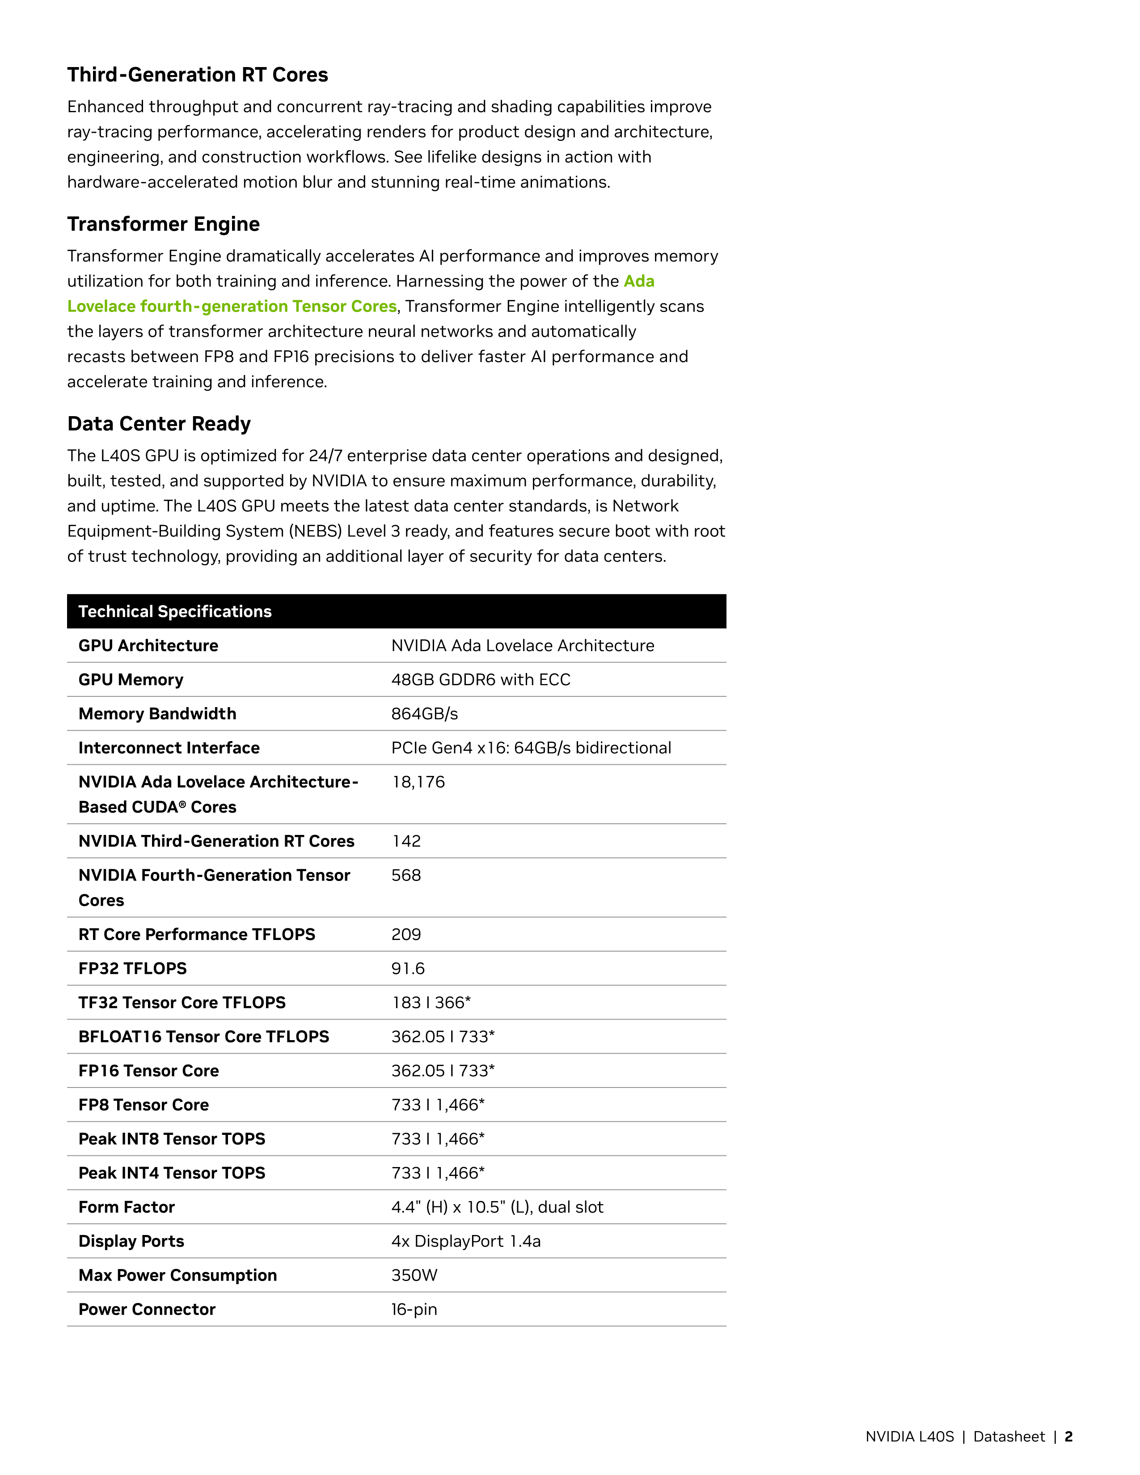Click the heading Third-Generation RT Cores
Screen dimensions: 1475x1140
tap(197, 75)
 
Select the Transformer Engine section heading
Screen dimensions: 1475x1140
tap(164, 224)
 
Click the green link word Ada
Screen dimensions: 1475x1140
tap(639, 281)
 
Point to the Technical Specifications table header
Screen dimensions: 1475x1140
tap(175, 611)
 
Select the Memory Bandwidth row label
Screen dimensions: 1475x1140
tap(157, 714)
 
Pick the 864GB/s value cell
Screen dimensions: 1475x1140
tap(424, 714)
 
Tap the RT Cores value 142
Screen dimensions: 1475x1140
tap(406, 841)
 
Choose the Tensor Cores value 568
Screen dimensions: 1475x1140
tap(406, 875)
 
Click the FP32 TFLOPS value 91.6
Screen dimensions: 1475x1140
tap(408, 969)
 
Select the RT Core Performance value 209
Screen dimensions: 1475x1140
tap(406, 935)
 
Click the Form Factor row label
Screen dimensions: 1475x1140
tap(126, 1207)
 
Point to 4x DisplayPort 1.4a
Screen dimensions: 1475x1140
tap(466, 1241)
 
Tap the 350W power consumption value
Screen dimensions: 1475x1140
tap(414, 1275)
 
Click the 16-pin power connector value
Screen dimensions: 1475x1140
tap(414, 1310)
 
